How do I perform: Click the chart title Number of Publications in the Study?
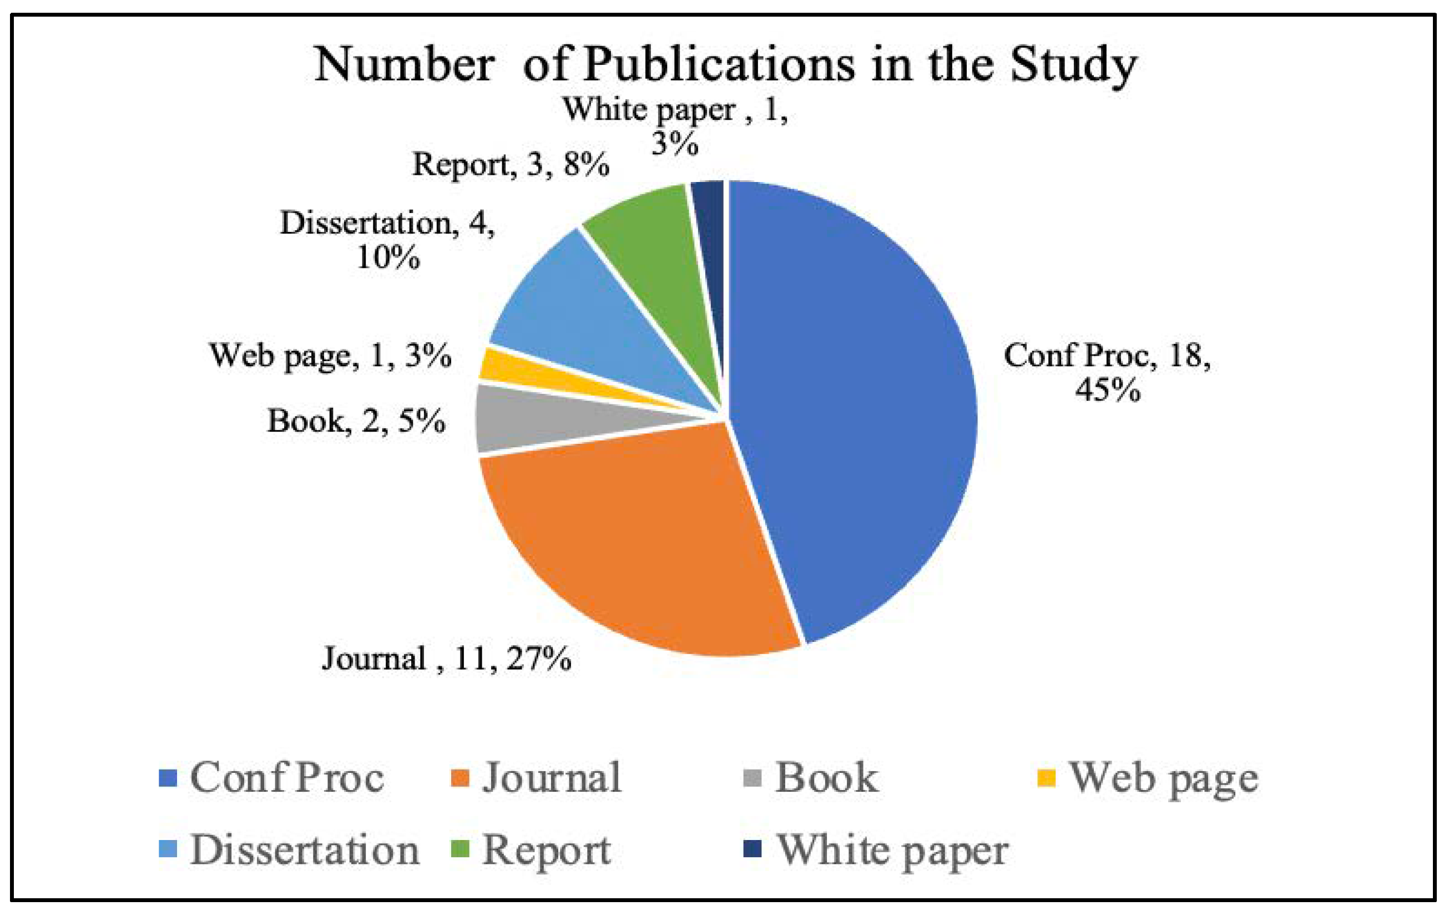point(725,65)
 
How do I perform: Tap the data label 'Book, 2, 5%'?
point(356,421)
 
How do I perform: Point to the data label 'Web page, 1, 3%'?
point(330,356)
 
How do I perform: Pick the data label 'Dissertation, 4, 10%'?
point(387,241)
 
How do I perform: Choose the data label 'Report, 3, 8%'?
point(510,164)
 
